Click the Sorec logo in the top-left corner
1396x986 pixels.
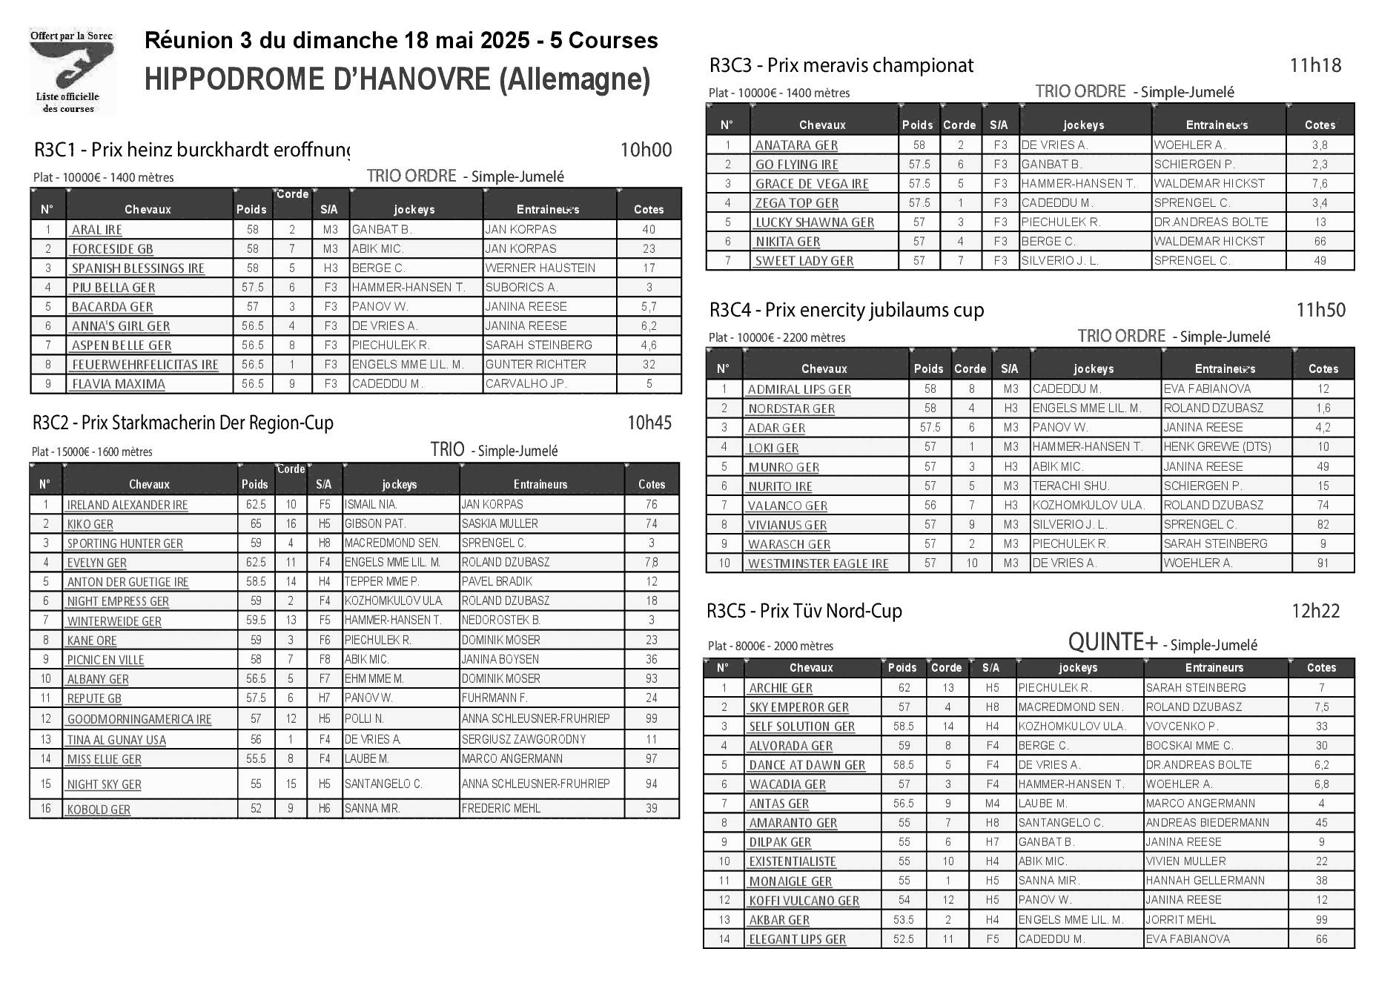click(71, 71)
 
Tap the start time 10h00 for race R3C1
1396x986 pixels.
click(646, 150)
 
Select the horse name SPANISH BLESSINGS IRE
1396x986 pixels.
click(138, 268)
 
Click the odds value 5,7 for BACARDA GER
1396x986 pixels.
click(649, 306)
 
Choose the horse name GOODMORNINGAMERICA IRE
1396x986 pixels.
click(139, 719)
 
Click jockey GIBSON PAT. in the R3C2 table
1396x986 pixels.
click(374, 523)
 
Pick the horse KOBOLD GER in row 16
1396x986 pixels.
click(99, 810)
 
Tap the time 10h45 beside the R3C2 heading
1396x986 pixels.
click(649, 423)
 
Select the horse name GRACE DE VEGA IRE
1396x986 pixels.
click(812, 184)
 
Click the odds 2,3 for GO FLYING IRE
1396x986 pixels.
click(1320, 165)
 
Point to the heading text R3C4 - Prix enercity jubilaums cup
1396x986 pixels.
click(847, 310)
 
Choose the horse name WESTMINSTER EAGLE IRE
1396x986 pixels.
click(818, 563)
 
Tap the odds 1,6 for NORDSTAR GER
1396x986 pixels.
click(1323, 408)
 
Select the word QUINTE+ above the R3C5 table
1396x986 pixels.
click(1112, 642)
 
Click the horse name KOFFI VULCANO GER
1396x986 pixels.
click(804, 901)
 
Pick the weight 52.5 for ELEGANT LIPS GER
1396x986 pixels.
click(903, 939)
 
